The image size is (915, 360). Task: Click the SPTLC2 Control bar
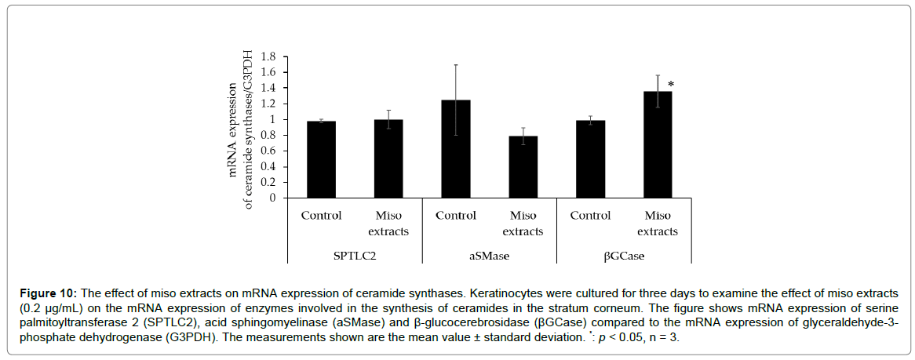pos(322,159)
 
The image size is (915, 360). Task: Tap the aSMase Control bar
pos(456,149)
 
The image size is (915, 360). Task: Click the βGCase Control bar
pos(590,159)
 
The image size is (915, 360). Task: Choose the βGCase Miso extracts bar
pos(658,145)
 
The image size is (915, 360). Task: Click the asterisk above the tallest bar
pos(671,84)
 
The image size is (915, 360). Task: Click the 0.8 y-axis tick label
pos(270,136)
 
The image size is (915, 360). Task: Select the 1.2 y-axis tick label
pos(270,104)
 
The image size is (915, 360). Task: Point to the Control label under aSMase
pos(456,216)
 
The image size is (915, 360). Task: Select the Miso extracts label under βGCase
pos(658,223)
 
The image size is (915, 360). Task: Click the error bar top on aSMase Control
pos(456,64)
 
